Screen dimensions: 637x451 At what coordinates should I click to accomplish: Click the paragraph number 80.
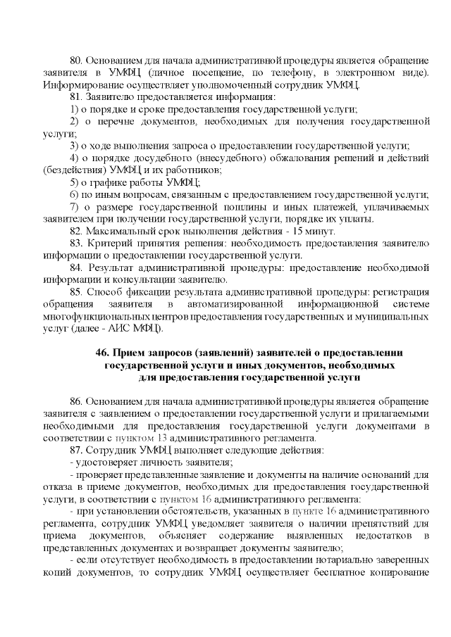pos(78,61)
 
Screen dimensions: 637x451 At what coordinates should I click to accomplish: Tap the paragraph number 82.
pos(78,231)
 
